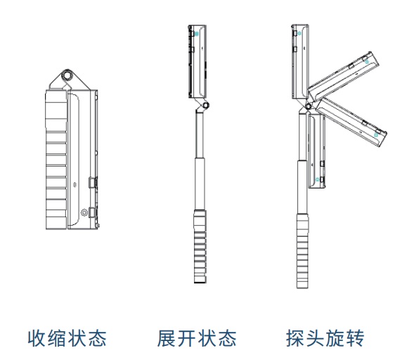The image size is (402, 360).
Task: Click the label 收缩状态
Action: [67, 338]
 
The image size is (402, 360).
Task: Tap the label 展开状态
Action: [197, 338]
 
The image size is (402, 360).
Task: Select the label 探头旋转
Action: [325, 338]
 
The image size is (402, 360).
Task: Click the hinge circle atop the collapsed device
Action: [67, 75]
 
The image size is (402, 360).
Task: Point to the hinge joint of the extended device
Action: [206, 105]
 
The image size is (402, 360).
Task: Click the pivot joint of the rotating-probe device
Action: [309, 106]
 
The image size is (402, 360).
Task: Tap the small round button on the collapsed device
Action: [84, 212]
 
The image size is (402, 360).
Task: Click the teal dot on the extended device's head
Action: [197, 34]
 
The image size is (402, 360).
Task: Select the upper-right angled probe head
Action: [344, 76]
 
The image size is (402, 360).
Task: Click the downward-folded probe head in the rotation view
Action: [317, 151]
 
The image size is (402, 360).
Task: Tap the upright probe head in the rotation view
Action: [300, 62]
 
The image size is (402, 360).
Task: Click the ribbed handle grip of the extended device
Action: [200, 246]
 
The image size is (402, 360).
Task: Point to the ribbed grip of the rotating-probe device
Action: [303, 250]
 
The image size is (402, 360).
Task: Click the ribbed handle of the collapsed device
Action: [56, 159]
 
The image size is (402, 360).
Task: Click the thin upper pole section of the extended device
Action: [200, 134]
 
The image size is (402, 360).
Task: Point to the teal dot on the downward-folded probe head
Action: [318, 179]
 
